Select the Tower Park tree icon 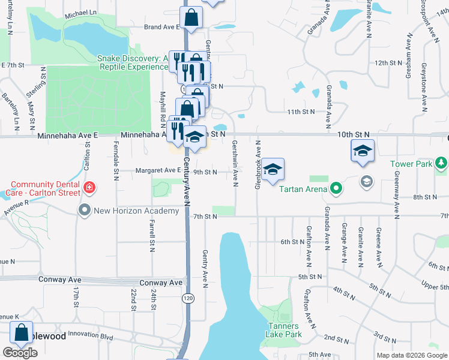442,163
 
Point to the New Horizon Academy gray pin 84,210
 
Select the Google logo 20,353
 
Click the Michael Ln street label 81,12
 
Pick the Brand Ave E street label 162,27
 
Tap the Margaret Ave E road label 158,171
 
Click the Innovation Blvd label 91,337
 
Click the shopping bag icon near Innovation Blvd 22,334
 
